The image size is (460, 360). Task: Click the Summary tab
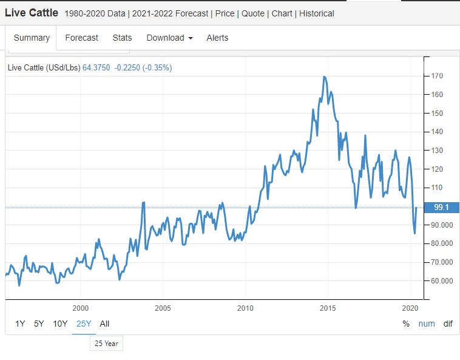32,38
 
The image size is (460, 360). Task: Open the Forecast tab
81,38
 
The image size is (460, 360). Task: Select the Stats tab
122,38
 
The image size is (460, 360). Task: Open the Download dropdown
169,38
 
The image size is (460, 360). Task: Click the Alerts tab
217,38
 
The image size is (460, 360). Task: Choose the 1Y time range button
20,324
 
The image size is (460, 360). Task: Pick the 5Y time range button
39,324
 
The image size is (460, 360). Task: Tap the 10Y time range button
60,324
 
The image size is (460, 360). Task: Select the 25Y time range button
84,324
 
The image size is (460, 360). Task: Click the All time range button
104,324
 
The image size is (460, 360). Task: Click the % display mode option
406,324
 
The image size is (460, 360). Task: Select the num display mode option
427,324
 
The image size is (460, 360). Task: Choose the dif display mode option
448,324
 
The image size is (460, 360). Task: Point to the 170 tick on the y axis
438,76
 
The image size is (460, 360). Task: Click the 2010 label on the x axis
245,308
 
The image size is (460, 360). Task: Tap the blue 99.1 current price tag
441,208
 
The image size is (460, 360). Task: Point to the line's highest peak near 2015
325,77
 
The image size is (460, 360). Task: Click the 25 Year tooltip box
106,344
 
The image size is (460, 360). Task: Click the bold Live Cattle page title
32,13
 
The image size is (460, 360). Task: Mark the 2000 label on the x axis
81,308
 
